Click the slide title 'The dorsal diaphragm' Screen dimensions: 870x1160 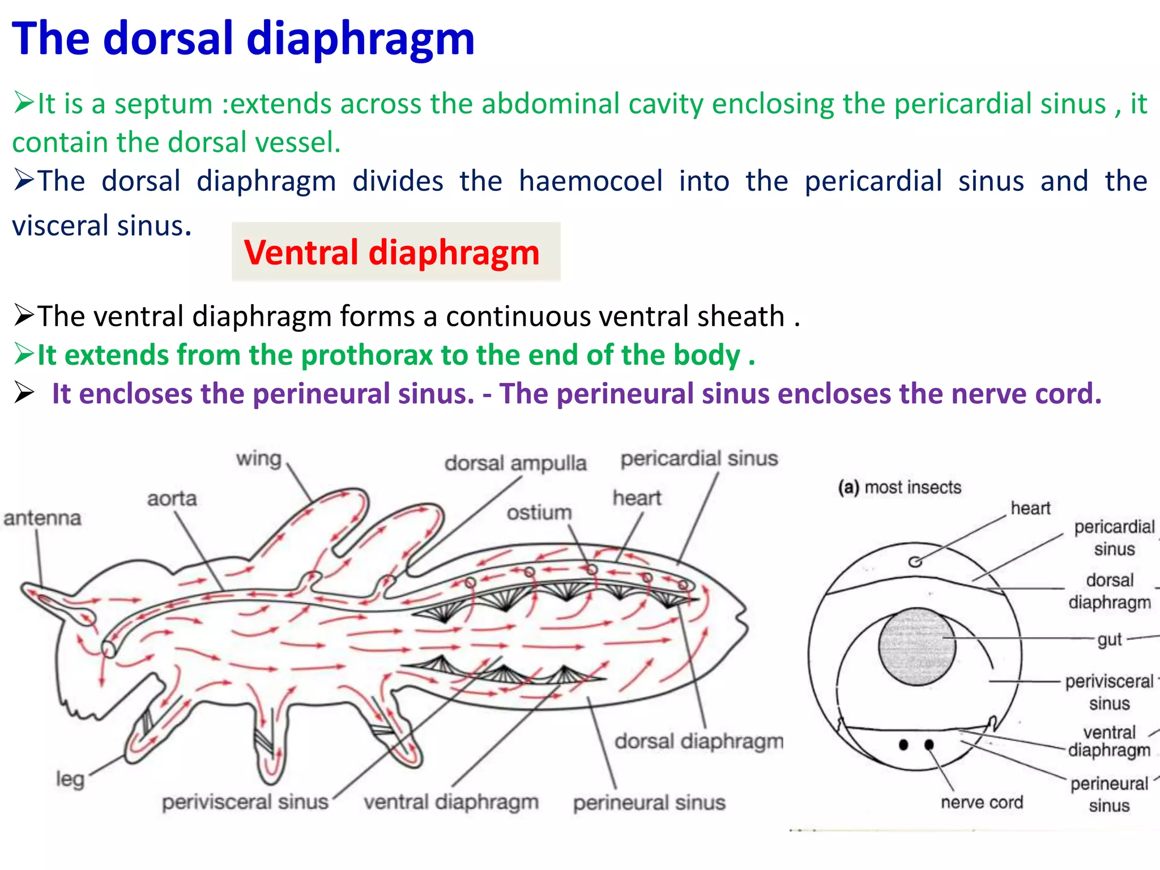coord(243,39)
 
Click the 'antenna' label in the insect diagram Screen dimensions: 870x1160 coord(42,518)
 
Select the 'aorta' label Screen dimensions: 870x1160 coord(172,499)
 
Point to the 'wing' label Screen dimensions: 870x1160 coord(259,458)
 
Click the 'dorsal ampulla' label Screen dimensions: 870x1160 coord(515,463)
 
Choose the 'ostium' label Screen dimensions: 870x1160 coord(539,513)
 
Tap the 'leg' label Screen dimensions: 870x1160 coord(70,779)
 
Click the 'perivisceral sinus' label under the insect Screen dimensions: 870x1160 coord(245,802)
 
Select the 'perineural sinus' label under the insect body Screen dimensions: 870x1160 coord(649,803)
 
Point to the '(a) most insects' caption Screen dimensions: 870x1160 coord(899,487)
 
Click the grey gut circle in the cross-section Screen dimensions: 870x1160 coord(917,646)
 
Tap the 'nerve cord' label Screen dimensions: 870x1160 coord(982,802)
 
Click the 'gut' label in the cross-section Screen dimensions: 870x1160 coord(1109,639)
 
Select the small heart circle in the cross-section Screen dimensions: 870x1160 coord(915,561)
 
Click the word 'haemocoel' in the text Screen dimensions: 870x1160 coord(591,181)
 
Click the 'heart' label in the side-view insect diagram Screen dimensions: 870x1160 coord(637,498)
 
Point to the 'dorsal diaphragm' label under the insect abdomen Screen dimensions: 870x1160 coord(699,741)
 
